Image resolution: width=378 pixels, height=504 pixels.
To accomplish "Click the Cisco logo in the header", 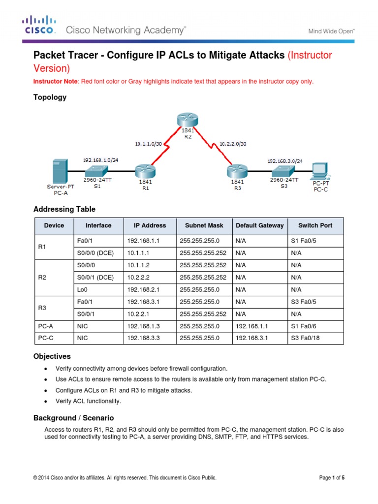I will (x=39, y=25).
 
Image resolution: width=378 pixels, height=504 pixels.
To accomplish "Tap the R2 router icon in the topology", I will (x=187, y=120).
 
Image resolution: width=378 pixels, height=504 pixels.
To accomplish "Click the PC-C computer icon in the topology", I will (x=320, y=171).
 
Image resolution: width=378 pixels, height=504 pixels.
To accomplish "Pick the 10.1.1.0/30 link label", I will (x=149, y=144).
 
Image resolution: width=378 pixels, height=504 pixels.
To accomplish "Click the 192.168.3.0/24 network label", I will (x=285, y=160).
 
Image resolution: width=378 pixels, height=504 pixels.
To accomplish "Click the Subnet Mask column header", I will (x=204, y=225).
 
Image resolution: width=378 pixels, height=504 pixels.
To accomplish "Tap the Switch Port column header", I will (x=315, y=225).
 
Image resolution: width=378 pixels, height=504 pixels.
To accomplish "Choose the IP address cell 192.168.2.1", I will (x=144, y=290).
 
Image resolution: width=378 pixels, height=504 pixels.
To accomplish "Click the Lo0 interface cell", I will (x=83, y=290).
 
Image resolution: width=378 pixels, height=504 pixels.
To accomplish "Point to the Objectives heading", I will (x=52, y=356).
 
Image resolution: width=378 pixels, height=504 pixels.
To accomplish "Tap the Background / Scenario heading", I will (x=73, y=418).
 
